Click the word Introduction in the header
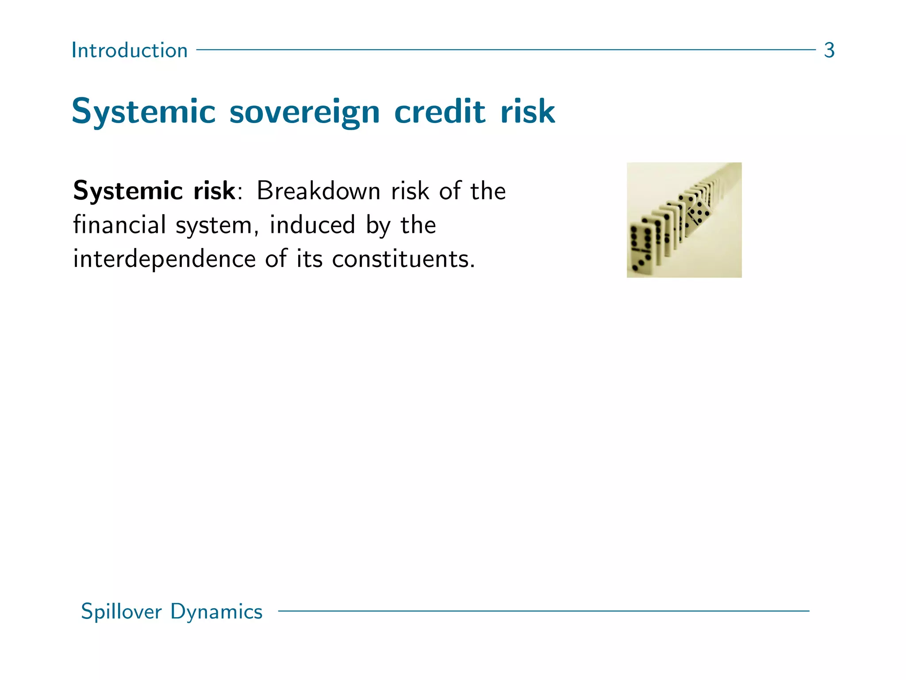click(x=129, y=50)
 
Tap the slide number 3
click(x=829, y=50)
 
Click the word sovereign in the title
click(x=304, y=112)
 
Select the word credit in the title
click(x=440, y=112)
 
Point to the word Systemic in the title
click(x=144, y=112)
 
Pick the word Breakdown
click(x=319, y=191)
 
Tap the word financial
click(x=119, y=225)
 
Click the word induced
click(x=312, y=225)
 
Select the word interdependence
click(x=164, y=259)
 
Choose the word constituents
click(x=403, y=259)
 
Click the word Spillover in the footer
click(x=121, y=612)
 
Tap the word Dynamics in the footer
click(x=216, y=612)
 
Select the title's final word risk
click(x=527, y=112)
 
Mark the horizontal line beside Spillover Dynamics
click(x=543, y=611)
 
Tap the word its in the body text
click(x=309, y=259)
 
